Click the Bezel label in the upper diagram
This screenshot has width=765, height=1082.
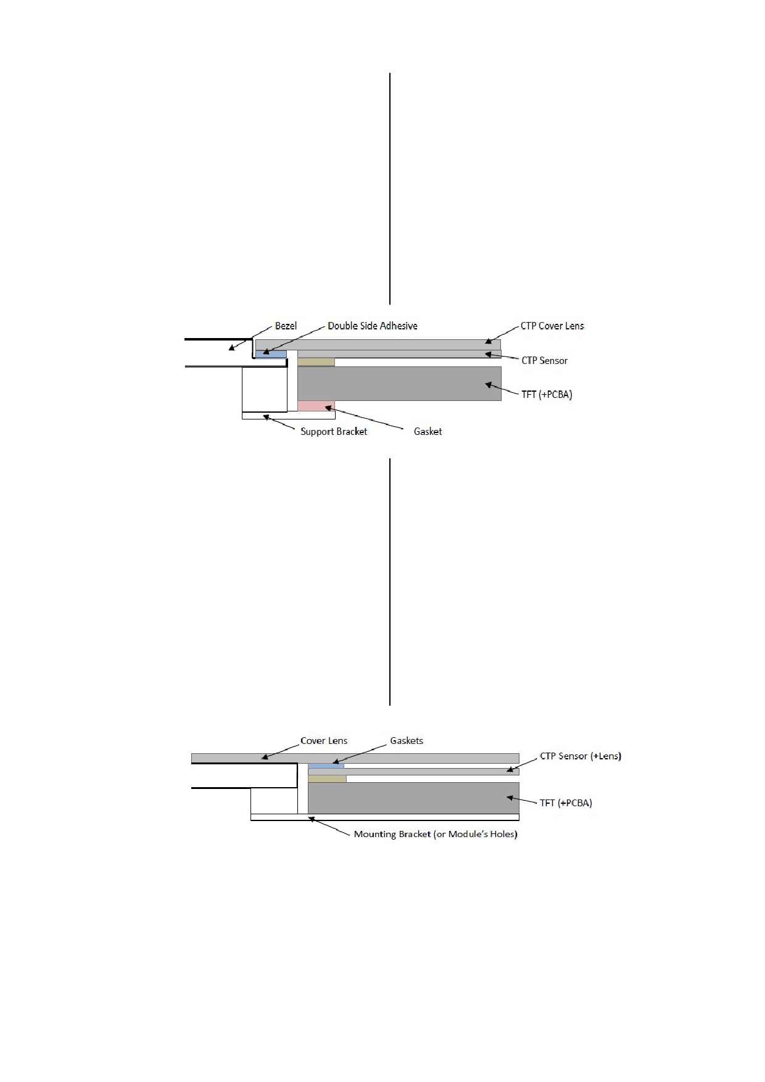click(286, 326)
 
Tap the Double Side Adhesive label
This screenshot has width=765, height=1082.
click(373, 326)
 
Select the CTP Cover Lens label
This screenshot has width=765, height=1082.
click(552, 326)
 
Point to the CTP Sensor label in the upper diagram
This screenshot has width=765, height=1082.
click(545, 360)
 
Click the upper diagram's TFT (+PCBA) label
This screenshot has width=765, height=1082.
click(547, 394)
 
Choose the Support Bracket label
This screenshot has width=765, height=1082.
click(334, 431)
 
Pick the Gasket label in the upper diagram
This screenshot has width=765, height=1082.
click(428, 431)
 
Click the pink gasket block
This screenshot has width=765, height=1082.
click(316, 406)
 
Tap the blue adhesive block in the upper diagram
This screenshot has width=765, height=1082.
click(271, 354)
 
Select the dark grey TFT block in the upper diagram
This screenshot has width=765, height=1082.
click(400, 384)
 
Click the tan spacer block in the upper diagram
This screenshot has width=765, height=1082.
click(316, 362)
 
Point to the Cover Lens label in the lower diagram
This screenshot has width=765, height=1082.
click(324, 741)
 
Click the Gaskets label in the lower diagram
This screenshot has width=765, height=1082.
click(407, 741)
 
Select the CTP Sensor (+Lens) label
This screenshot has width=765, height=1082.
click(581, 756)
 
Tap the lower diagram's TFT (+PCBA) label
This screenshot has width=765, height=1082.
click(566, 803)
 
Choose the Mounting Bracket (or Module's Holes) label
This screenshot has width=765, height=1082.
click(436, 834)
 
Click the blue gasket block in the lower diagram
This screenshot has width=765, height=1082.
click(326, 766)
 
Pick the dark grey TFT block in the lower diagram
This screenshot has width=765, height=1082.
click(413, 798)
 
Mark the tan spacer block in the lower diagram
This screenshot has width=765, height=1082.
click(328, 779)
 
